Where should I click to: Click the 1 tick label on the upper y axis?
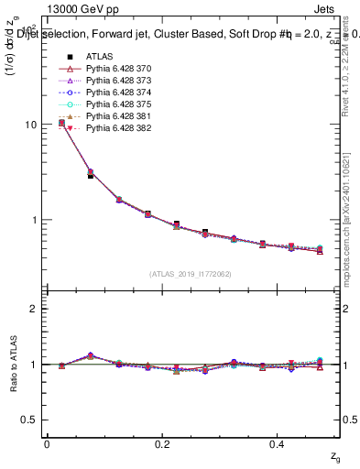coord(35,221)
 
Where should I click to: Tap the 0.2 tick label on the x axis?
coord(163,444)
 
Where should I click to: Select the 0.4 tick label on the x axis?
coord(279,444)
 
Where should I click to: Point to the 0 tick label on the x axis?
coord(47,444)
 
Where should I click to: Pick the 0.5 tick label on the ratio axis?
coord(30,420)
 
